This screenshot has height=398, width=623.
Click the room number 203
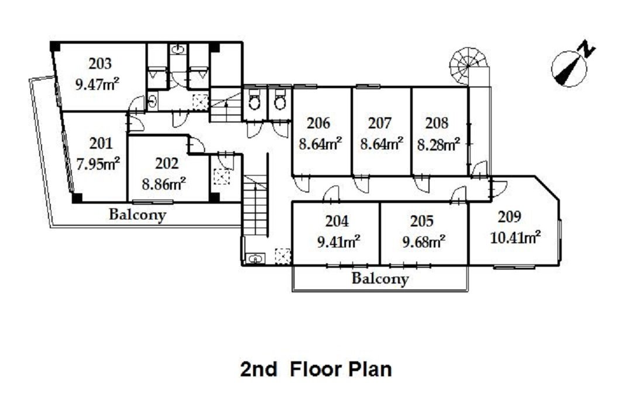(x=100, y=64)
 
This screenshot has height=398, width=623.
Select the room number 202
(x=167, y=163)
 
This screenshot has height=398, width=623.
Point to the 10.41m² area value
(x=515, y=238)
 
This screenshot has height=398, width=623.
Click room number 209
(x=510, y=217)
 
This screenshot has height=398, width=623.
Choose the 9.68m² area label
(x=424, y=241)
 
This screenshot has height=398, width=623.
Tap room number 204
(x=337, y=221)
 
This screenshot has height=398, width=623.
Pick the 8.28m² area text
(x=439, y=145)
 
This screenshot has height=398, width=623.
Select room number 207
(x=380, y=123)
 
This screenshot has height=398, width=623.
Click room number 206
(x=319, y=123)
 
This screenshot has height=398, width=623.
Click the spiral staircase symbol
(x=469, y=66)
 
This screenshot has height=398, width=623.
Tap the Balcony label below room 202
(x=137, y=215)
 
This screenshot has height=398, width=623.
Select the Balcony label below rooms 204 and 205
(x=380, y=278)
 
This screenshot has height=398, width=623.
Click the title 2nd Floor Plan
(x=316, y=369)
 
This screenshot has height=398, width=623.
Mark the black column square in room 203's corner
(x=55, y=47)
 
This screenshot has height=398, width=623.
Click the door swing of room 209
(x=500, y=186)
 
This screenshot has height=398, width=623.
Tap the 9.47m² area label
(x=98, y=84)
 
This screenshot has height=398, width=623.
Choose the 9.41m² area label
(x=338, y=241)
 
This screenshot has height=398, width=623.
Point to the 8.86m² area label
(x=164, y=184)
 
